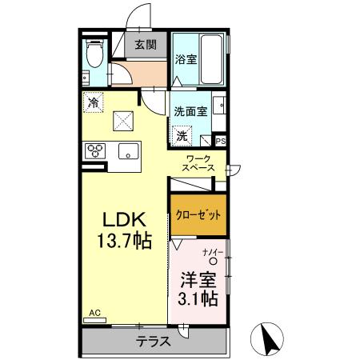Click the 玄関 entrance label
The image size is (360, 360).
click(146, 45)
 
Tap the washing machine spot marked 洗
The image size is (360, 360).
click(182, 134)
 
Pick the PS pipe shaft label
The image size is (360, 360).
click(221, 141)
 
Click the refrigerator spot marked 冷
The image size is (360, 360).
click(94, 102)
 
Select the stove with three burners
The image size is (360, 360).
click(95, 150)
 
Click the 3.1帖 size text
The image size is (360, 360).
click(198, 300)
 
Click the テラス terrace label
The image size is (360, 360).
click(152, 342)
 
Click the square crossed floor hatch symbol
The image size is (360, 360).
click(124, 121)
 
